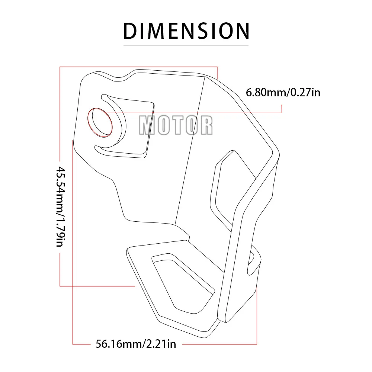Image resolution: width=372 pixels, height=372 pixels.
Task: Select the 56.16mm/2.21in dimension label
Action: pyautogui.click(x=135, y=344)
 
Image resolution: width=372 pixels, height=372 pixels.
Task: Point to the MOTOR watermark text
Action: pyautogui.click(x=176, y=125)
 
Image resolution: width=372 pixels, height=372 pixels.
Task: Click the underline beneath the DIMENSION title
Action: pyautogui.click(x=186, y=45)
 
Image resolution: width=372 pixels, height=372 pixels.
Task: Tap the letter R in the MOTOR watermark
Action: pyautogui.click(x=206, y=125)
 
